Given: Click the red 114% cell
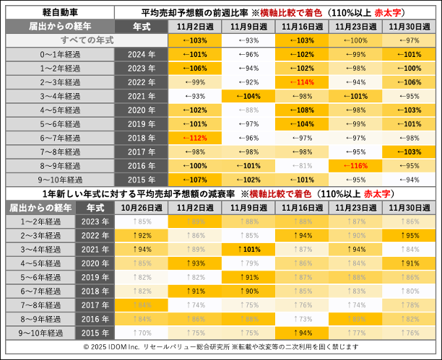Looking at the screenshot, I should [303, 82].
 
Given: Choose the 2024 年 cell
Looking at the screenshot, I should [142, 54].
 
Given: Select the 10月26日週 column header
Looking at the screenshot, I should [141, 208].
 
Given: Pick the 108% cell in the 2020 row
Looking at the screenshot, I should [303, 110].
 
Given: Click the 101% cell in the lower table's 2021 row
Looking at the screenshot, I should [249, 249].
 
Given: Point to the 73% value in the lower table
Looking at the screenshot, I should [303, 318].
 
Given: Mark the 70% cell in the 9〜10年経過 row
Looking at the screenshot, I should [141, 333].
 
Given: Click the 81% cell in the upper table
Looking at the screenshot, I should [303, 165].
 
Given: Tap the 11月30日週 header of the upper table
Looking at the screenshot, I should [410, 26].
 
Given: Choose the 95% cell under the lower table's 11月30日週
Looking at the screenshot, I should [410, 235].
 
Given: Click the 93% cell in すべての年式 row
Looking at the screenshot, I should [248, 40].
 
